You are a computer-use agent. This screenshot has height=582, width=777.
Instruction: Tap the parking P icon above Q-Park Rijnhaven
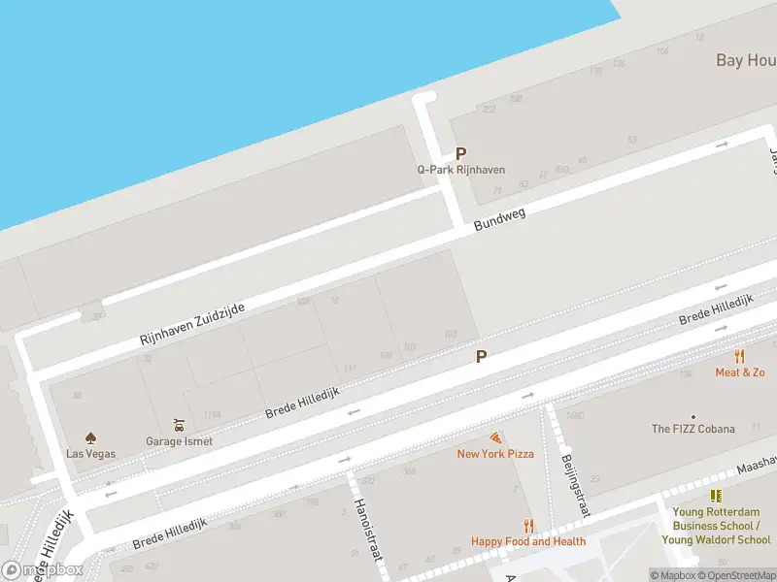(461, 153)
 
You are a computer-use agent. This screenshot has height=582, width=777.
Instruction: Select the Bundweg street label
(499, 219)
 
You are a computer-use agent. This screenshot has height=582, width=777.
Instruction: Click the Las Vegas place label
(90, 453)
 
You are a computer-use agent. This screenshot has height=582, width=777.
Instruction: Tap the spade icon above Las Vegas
(90, 437)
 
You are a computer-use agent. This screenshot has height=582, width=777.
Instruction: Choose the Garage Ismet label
(179, 441)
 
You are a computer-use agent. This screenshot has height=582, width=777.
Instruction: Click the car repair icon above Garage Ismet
(179, 425)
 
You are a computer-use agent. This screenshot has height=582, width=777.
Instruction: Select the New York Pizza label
(495, 454)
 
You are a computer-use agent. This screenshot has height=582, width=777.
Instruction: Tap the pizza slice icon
(495, 438)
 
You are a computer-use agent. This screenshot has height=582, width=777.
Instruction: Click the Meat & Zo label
(740, 372)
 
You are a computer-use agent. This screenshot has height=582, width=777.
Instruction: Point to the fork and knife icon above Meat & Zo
(739, 356)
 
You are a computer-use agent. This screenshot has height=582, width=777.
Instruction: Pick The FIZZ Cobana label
(693, 429)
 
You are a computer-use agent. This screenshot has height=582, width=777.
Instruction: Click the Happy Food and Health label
(528, 541)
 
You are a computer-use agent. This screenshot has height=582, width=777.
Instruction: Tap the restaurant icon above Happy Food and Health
(528, 525)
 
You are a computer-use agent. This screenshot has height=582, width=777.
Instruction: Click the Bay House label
(744, 60)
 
